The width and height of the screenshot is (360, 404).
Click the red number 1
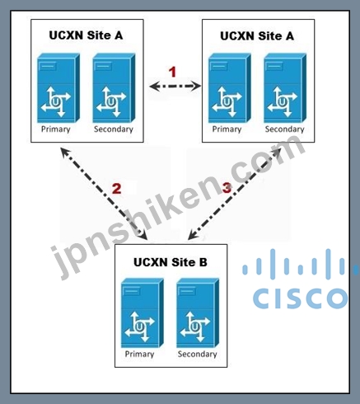[172, 73]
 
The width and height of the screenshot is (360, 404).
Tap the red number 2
[116, 189]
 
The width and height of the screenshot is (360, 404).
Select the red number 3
[227, 188]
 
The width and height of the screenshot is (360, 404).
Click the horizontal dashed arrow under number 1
[175, 87]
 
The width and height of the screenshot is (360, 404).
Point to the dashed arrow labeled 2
[104, 193]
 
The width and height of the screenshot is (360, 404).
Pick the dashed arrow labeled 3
[235, 193]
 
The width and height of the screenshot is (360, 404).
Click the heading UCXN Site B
[171, 262]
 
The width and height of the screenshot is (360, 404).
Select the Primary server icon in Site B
[143, 312]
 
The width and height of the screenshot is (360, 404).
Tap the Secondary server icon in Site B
[198, 312]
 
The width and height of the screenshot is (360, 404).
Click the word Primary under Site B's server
[139, 354]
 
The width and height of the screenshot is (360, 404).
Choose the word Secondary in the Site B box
[197, 354]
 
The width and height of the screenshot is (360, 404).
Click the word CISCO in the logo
[300, 298]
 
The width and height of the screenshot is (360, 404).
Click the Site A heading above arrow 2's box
[86, 35]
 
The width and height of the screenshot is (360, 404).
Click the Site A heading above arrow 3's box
[257, 36]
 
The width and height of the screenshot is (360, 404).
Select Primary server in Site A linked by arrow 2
[58, 88]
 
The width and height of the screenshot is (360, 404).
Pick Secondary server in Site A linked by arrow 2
[114, 88]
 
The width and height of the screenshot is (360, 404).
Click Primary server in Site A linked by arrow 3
[230, 88]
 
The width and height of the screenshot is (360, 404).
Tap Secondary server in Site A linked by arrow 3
[285, 88]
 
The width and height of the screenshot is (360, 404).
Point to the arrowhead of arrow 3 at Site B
[192, 235]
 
